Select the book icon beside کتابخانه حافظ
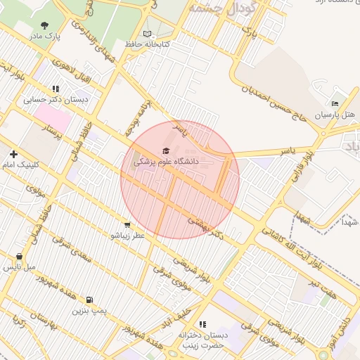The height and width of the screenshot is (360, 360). [x=147, y=34]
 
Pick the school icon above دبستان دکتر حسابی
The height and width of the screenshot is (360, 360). [x=56, y=89]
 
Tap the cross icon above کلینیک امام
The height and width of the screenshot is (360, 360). [x=13, y=154]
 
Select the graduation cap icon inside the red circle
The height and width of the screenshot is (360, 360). [x=166, y=150]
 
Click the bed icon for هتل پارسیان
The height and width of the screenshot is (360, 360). [x=335, y=103]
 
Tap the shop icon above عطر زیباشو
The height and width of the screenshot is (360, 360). [x=127, y=225]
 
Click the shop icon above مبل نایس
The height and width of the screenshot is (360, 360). [x=19, y=257]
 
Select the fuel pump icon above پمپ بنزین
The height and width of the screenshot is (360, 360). [x=89, y=299]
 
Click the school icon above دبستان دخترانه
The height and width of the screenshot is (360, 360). [x=202, y=324]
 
